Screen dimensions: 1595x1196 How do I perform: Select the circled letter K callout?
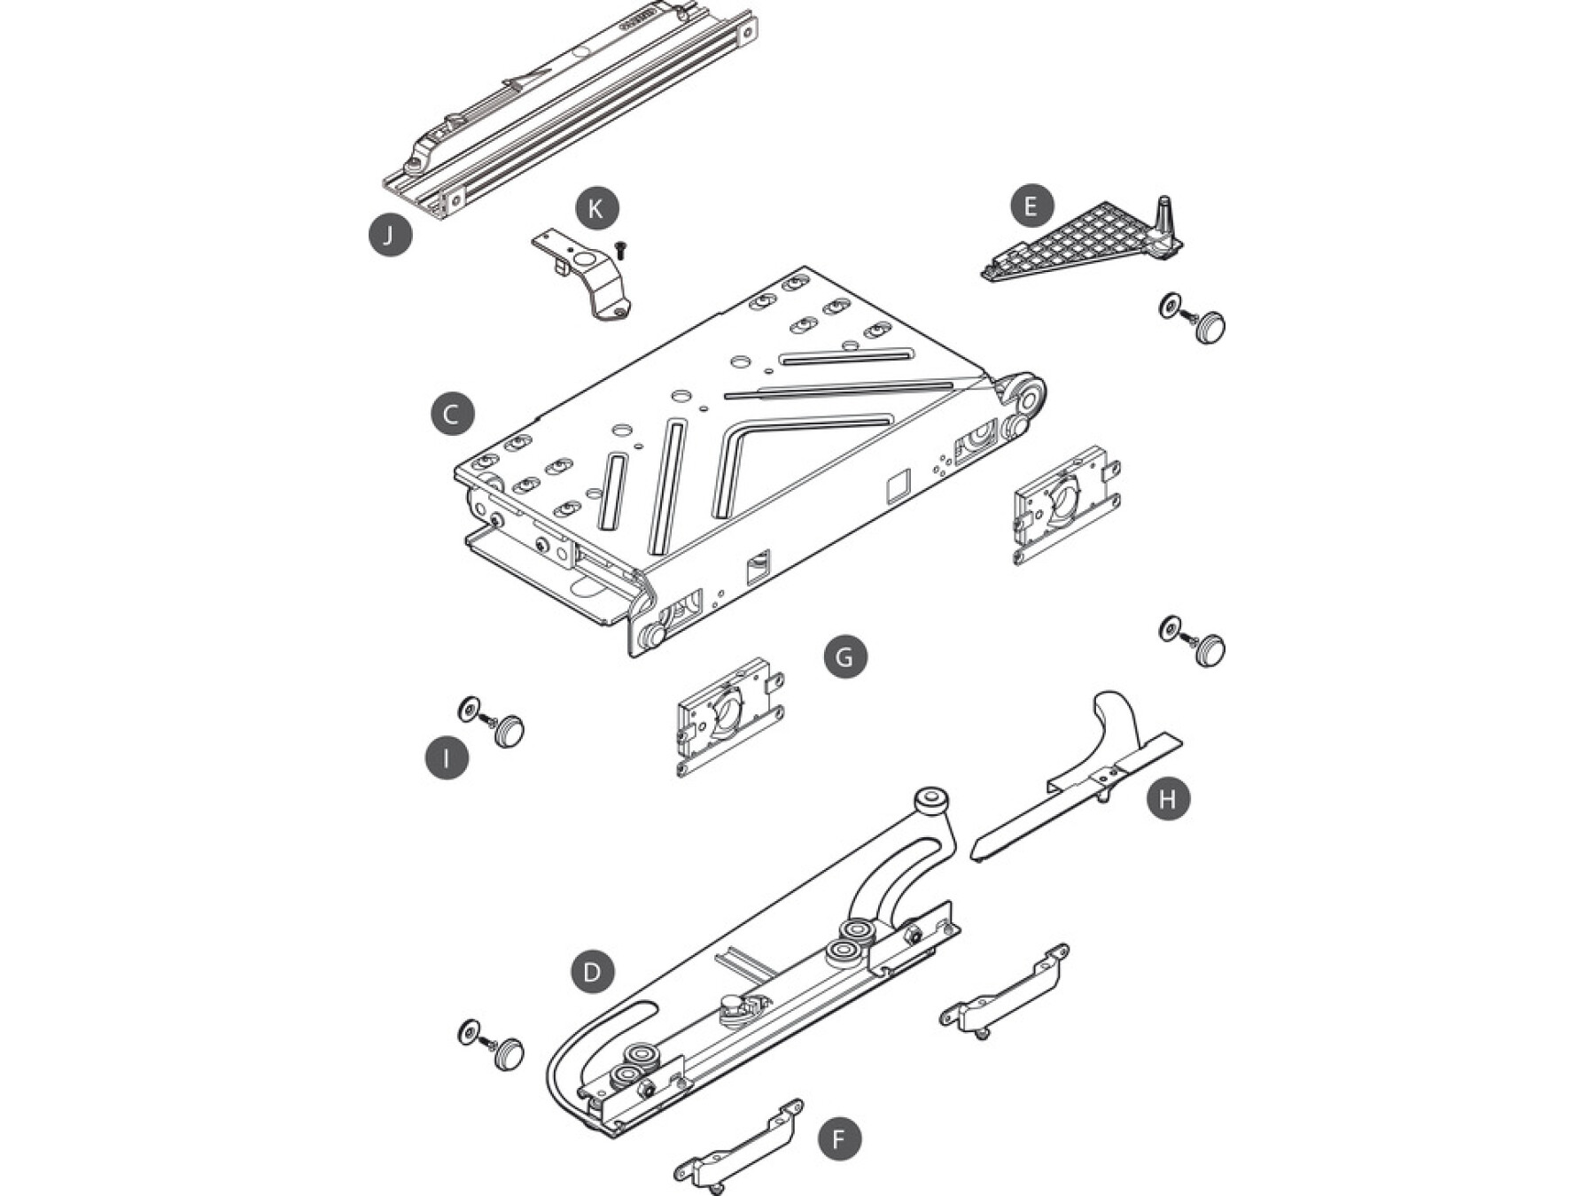click(x=596, y=209)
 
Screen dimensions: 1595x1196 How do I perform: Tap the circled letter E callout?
click(x=1032, y=206)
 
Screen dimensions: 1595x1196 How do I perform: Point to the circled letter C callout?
click(x=452, y=414)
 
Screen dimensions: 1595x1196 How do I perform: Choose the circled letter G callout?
click(x=844, y=656)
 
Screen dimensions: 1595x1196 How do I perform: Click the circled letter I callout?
click(x=446, y=758)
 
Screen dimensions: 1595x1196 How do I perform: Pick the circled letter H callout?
click(x=1168, y=798)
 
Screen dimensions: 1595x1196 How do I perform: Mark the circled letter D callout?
click(x=592, y=972)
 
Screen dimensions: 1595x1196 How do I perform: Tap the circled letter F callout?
click(x=838, y=1138)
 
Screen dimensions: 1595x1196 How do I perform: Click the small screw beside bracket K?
click(x=619, y=249)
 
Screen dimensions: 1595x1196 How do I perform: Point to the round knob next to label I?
click(x=510, y=732)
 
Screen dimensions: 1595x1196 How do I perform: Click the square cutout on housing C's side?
click(x=898, y=487)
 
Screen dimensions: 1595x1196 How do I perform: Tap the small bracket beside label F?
click(x=738, y=1146)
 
